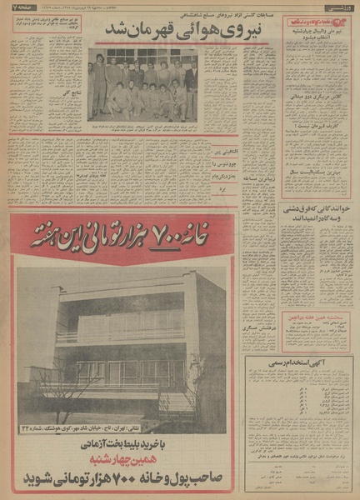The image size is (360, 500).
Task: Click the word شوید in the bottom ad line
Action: click(42, 480)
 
